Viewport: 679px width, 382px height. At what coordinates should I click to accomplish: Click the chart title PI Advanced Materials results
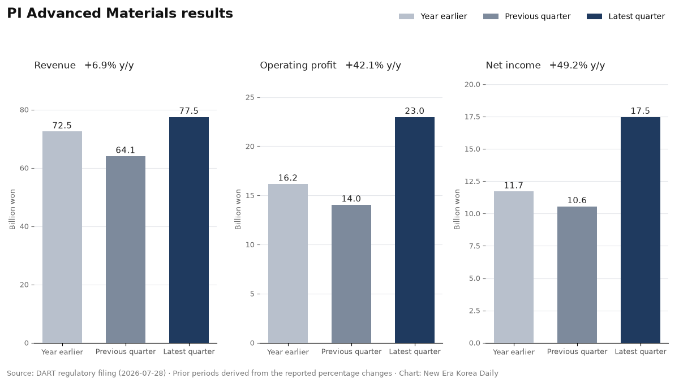point(120,14)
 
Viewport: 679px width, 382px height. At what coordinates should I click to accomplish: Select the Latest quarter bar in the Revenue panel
point(189,230)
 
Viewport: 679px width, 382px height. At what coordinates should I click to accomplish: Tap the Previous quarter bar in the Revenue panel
point(126,250)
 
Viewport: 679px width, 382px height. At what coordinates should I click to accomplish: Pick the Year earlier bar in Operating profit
point(288,264)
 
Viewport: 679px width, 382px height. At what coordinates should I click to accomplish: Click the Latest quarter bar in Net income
point(640,230)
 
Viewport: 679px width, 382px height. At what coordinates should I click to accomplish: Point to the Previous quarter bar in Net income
point(577,274)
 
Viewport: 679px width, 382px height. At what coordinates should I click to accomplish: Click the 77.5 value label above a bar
point(189,111)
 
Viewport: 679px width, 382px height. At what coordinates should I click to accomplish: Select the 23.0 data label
point(415,111)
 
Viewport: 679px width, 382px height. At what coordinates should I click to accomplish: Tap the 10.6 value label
point(577,200)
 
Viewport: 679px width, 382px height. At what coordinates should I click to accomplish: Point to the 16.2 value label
point(288,178)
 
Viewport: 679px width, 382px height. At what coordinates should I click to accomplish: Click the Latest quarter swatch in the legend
point(594,16)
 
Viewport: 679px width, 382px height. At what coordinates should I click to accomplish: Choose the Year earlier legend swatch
point(406,16)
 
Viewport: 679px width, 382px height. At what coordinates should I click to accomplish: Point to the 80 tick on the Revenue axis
point(24,110)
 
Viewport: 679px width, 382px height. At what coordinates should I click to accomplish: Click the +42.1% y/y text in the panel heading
point(373,66)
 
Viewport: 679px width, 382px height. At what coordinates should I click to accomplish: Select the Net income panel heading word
point(513,65)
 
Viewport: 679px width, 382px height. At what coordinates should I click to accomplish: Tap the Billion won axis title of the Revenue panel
point(12,209)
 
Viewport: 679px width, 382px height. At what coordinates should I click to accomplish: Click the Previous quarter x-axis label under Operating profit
point(351,351)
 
